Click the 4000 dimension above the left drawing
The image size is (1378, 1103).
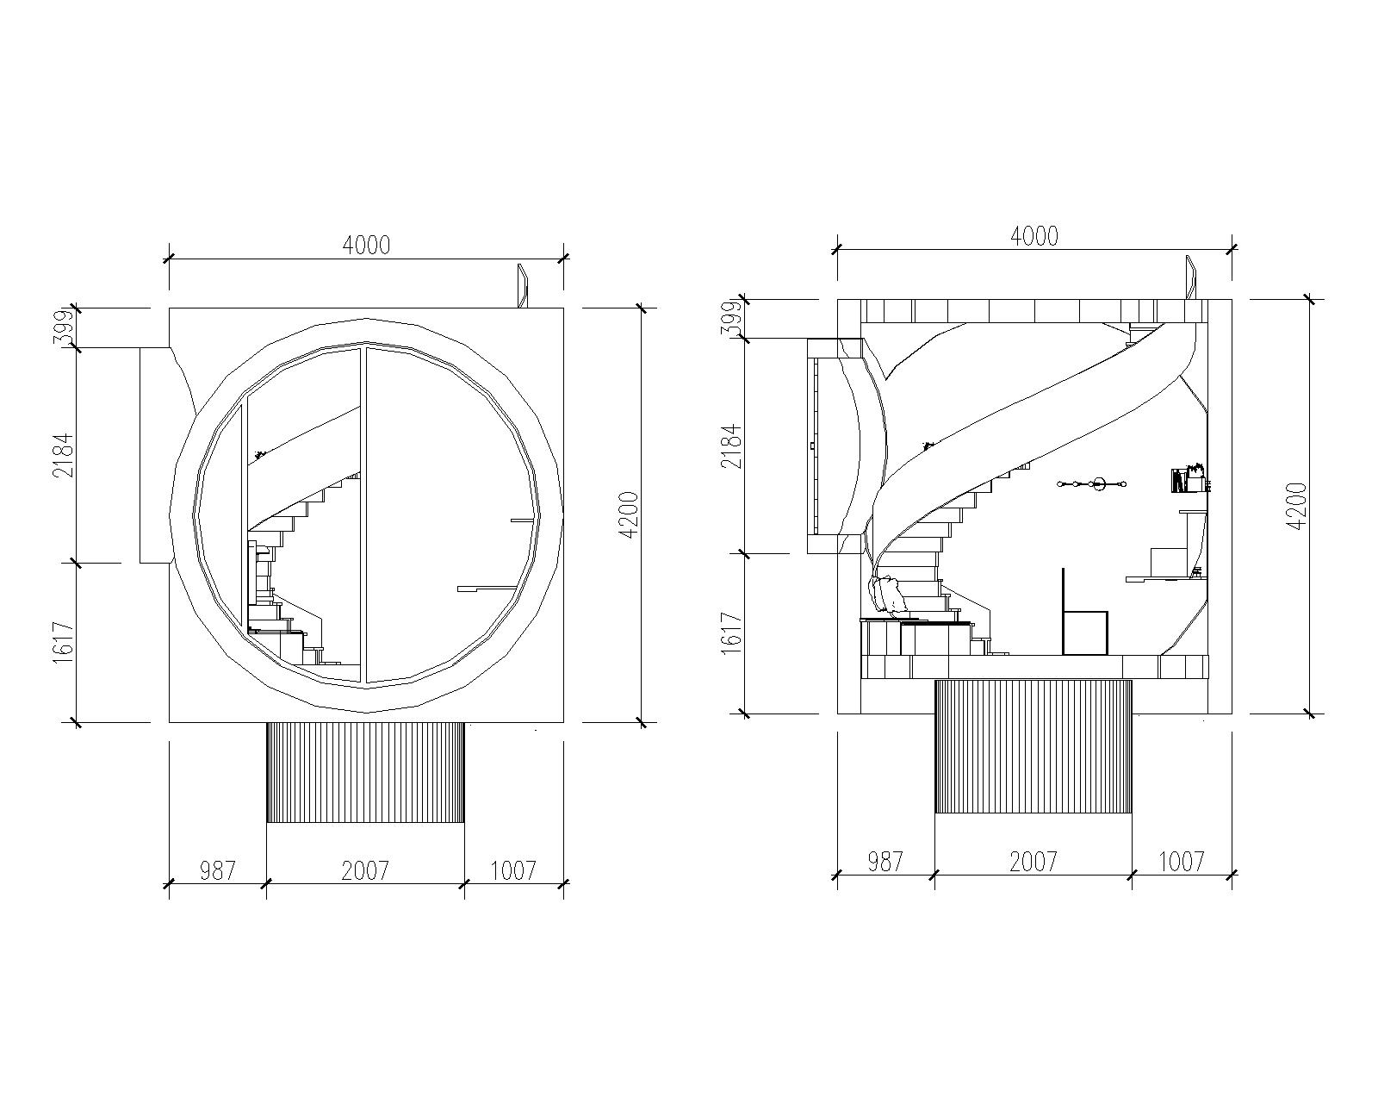pos(366,246)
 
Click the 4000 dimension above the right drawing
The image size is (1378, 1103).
pos(1034,236)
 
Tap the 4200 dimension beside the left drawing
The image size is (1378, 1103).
pos(630,514)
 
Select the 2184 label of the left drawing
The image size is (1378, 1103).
pos(65,456)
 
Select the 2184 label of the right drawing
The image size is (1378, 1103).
pos(733,446)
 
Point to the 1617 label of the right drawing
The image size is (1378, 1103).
pos(733,633)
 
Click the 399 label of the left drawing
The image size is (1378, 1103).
pos(65,328)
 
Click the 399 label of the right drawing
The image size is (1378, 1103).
pos(733,319)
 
